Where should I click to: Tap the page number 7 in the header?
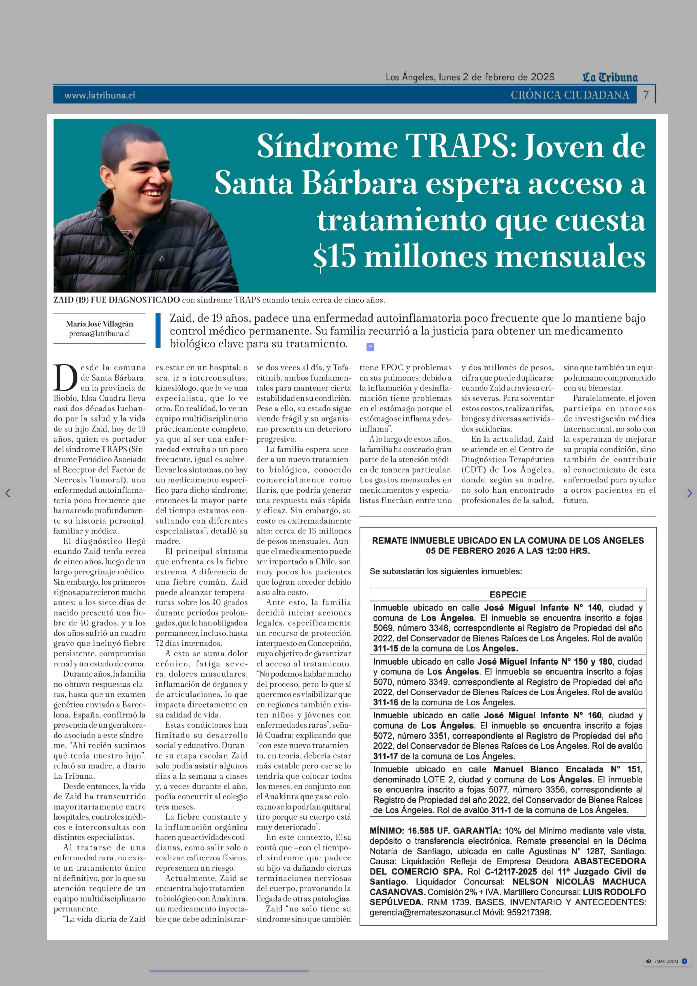coord(646,94)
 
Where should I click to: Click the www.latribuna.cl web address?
coord(100,95)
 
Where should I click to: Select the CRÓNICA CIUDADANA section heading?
coord(569,95)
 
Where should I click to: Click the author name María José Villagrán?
coord(99,324)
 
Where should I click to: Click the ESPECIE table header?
coord(508,594)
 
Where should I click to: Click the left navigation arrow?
coord(7,493)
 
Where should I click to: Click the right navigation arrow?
coord(689,493)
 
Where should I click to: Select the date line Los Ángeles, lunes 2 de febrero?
coord(470,77)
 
